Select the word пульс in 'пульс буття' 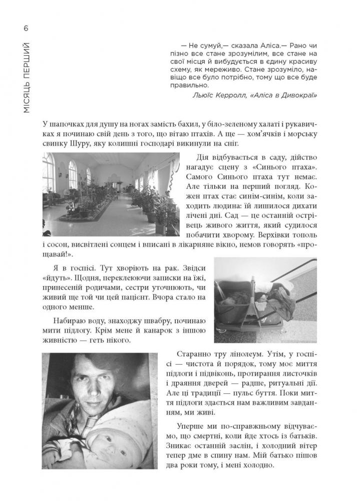[258, 399]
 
